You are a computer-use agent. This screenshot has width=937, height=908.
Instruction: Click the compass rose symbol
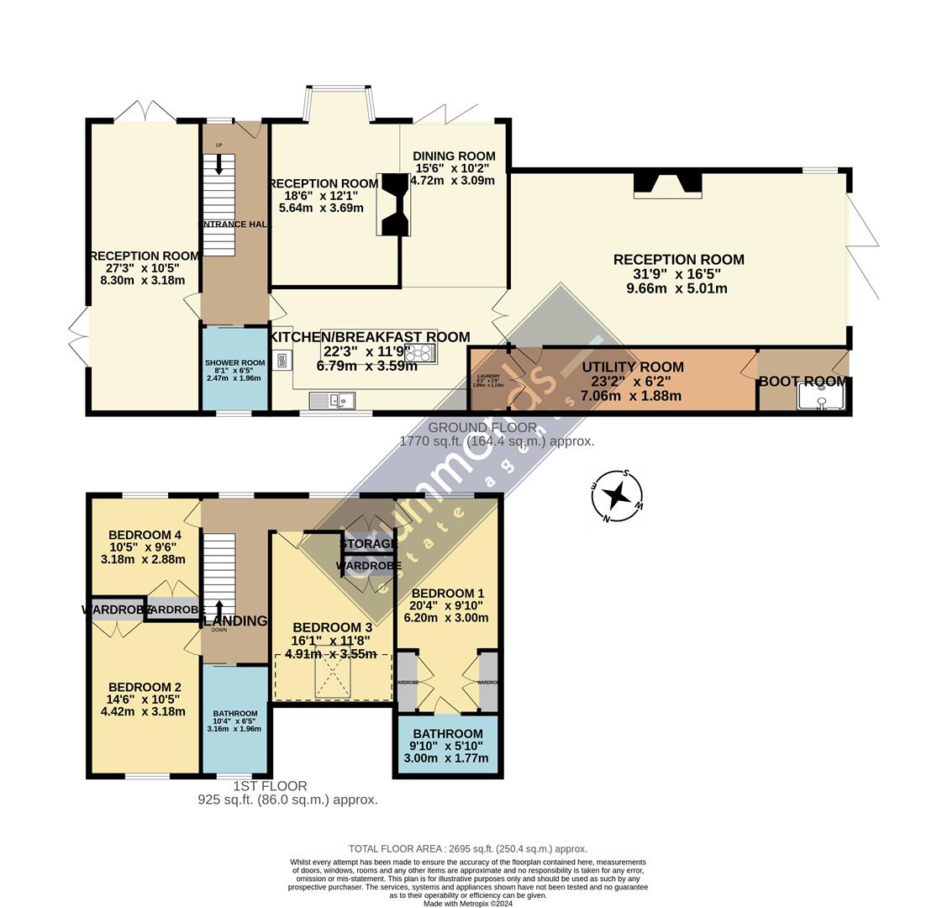(617, 496)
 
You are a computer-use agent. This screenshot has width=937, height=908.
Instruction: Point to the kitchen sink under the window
(333, 400)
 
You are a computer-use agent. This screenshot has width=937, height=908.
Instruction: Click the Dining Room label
(453, 156)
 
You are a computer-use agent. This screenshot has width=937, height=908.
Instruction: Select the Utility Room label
(632, 367)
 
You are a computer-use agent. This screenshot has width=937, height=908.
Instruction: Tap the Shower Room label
(234, 363)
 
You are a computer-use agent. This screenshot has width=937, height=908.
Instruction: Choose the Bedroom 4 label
(145, 535)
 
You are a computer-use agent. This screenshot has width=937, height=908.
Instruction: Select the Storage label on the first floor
(368, 544)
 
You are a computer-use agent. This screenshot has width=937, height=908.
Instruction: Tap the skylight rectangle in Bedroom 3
(333, 673)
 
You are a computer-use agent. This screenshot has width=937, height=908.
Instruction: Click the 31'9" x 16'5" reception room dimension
(678, 274)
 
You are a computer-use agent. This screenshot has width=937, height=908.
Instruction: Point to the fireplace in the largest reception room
(667, 184)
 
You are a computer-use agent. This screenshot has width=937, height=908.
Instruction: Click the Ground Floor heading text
(471, 427)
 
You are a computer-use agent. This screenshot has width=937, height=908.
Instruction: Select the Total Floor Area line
(468, 849)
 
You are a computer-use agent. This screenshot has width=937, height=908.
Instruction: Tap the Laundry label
(488, 376)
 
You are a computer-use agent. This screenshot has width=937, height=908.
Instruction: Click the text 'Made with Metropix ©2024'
(468, 903)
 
